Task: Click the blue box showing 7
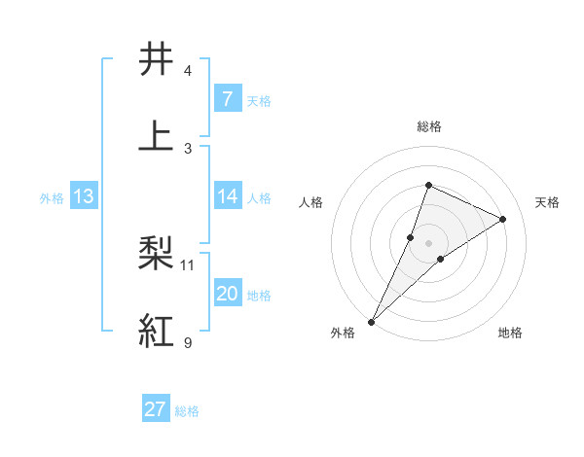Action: pyautogui.click(x=227, y=98)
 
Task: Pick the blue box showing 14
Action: pyautogui.click(x=227, y=196)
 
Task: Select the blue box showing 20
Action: pyautogui.click(x=227, y=294)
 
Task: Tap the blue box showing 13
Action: pyautogui.click(x=84, y=196)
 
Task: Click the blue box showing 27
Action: pyautogui.click(x=156, y=409)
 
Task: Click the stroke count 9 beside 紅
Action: pyautogui.click(x=187, y=342)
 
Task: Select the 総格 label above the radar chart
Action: pyautogui.click(x=429, y=126)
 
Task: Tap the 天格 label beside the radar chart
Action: pyautogui.click(x=548, y=202)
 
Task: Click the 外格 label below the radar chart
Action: pyautogui.click(x=343, y=334)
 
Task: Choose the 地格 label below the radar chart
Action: pyautogui.click(x=510, y=334)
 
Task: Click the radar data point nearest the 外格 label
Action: pyautogui.click(x=371, y=321)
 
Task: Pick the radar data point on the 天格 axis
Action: pyautogui.click(x=503, y=219)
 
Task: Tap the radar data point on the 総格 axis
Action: pyautogui.click(x=428, y=185)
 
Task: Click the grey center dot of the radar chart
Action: pyautogui.click(x=428, y=242)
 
